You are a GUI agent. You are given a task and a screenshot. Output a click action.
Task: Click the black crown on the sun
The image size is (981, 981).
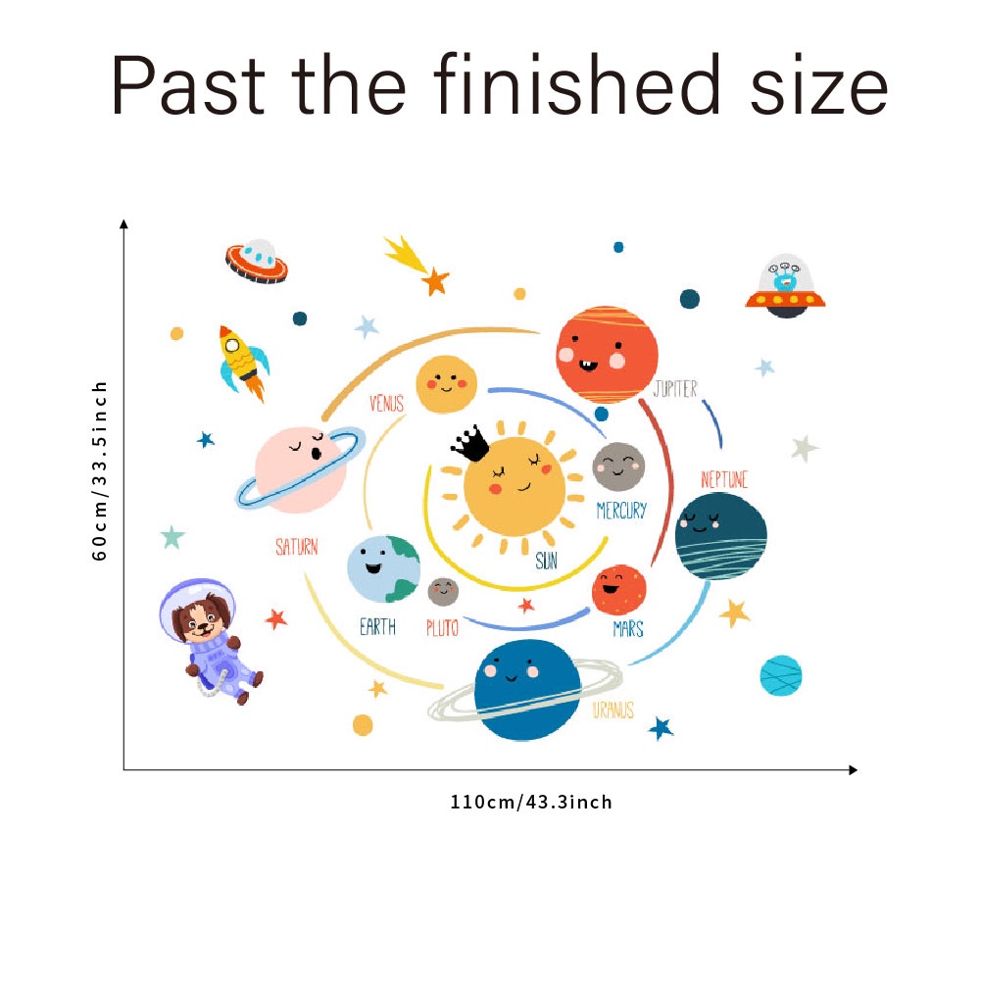(x=470, y=444)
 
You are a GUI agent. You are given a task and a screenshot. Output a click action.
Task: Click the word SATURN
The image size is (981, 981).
(x=296, y=547)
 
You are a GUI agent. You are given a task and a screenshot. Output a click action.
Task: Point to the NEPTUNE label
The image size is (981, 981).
(x=724, y=479)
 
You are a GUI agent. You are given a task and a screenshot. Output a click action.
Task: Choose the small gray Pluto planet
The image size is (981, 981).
(x=443, y=592)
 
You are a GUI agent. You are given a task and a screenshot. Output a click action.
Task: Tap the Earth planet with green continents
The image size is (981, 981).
(x=383, y=569)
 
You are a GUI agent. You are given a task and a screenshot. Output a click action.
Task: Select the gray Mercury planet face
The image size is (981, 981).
(x=618, y=467)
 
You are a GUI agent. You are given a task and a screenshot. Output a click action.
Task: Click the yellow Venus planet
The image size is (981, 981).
(x=446, y=384)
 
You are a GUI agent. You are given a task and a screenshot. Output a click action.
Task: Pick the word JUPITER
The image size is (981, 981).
(x=675, y=389)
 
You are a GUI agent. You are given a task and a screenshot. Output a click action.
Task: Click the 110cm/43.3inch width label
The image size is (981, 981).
(x=531, y=803)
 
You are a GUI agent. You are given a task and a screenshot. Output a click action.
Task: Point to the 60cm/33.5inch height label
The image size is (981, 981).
(x=100, y=470)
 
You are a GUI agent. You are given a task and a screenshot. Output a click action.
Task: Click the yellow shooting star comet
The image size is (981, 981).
(x=407, y=256)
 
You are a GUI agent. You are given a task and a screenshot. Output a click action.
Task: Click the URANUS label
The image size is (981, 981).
(x=613, y=711)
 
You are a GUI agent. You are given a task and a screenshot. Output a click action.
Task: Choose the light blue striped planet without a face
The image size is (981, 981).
(x=781, y=675)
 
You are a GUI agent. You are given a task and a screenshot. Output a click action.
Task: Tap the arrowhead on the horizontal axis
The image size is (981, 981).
(x=852, y=770)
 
